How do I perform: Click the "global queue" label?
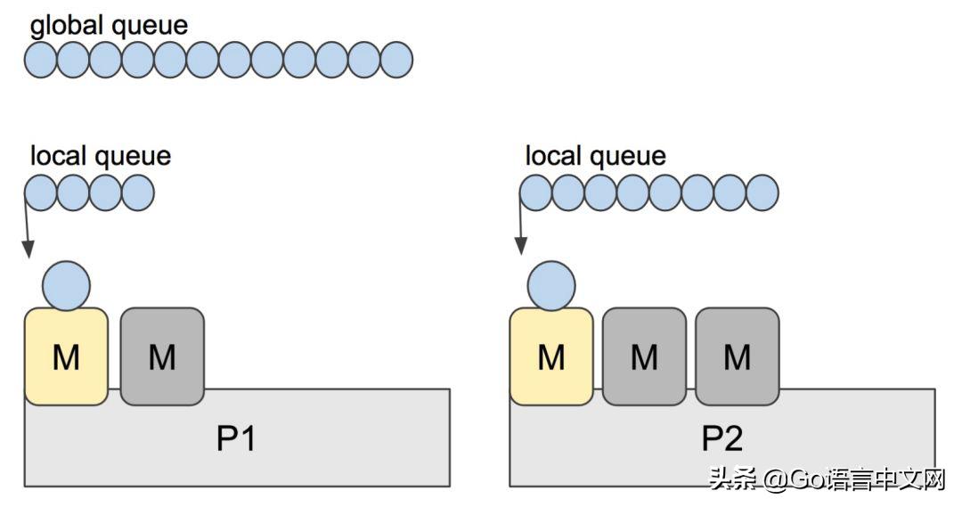[109, 25]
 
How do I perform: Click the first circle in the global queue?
[41, 60]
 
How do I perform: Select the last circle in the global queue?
[396, 60]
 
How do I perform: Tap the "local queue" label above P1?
[100, 157]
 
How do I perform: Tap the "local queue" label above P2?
[595, 157]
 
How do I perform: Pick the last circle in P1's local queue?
[138, 192]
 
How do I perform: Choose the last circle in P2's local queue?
[762, 192]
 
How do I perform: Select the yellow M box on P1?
[66, 356]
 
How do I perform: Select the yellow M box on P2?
[551, 356]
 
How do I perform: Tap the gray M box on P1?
[162, 356]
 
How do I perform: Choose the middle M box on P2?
[644, 356]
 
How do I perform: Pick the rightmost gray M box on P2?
[737, 356]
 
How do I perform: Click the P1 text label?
[236, 438]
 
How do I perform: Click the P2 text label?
[721, 438]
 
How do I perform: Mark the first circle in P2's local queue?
[536, 192]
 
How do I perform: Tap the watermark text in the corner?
[827, 480]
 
